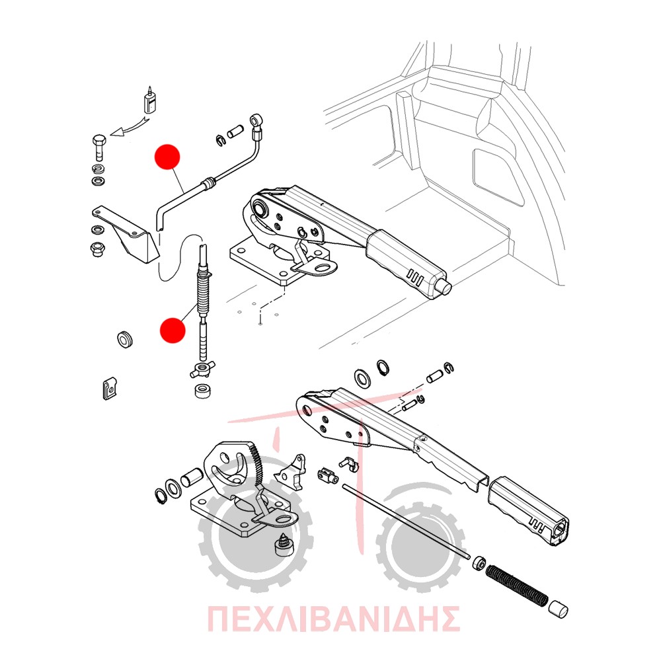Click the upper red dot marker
(x=168, y=157)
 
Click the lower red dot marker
(x=173, y=330)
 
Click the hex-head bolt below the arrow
(x=98, y=147)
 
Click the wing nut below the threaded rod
(x=202, y=369)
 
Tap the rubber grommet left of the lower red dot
(x=125, y=339)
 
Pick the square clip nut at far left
(x=110, y=388)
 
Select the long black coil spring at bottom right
(x=516, y=586)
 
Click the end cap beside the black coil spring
(x=558, y=609)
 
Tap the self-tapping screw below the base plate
(x=284, y=545)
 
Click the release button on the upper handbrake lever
(x=445, y=288)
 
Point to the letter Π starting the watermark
(x=221, y=619)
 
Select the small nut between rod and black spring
(x=479, y=563)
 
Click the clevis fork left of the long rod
(x=329, y=475)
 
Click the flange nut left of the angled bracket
(x=98, y=249)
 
